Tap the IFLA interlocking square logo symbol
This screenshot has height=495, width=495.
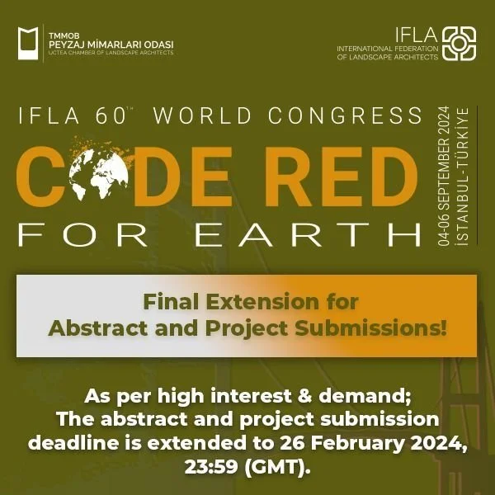459,43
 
